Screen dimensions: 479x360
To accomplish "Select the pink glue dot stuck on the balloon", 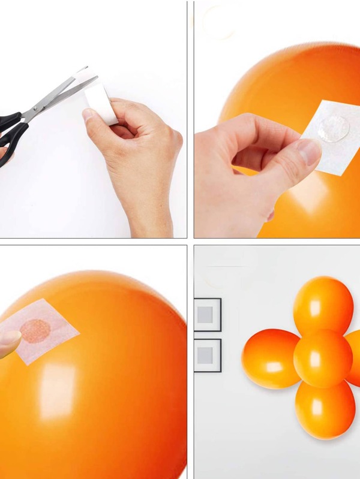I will pyautogui.click(x=37, y=330).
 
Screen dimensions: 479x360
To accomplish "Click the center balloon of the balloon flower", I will pyautogui.click(x=323, y=358).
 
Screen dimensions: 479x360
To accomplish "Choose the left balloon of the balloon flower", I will pyautogui.click(x=270, y=359).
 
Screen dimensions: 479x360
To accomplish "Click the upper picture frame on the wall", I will pyautogui.click(x=208, y=315).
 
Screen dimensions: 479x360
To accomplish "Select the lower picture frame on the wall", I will pyautogui.click(x=208, y=356).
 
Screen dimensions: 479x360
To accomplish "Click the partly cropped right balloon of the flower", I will pyautogui.click(x=354, y=359).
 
